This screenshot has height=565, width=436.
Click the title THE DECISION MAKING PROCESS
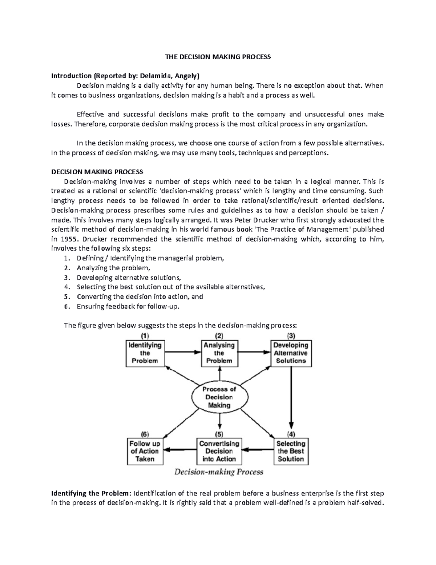coord(218,57)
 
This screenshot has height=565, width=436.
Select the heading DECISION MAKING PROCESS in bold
coord(97,172)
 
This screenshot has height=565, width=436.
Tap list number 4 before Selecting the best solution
coord(66,287)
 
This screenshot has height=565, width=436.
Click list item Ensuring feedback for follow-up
coord(128,306)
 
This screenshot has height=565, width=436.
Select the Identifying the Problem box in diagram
coord(145,353)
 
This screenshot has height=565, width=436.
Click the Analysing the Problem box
coord(219,353)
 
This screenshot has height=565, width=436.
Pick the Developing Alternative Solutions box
coord(291,353)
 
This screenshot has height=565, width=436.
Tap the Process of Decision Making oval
coord(219,397)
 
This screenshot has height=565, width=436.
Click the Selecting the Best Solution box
coord(291,451)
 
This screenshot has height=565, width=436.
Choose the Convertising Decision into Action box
coord(219,451)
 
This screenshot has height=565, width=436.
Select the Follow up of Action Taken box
coord(145,451)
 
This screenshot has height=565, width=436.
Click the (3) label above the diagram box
coord(291,335)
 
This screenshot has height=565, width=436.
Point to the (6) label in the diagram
coord(145,434)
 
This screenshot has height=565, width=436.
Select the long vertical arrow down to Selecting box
coord(291,397)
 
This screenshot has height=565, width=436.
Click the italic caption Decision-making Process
coord(219,472)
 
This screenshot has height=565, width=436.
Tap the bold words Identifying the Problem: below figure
coord(91,493)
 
